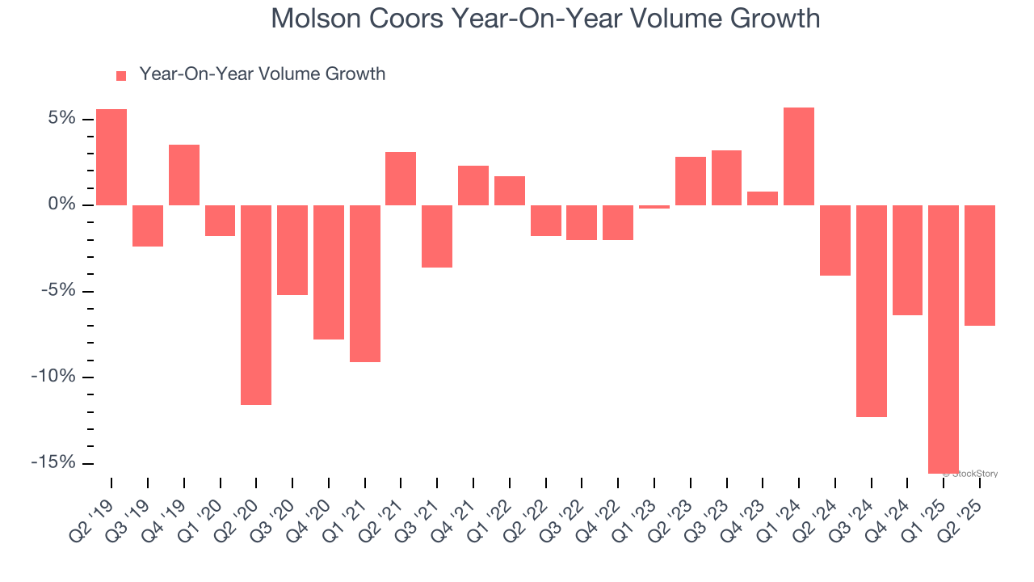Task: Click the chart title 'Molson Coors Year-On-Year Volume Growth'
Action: (x=545, y=18)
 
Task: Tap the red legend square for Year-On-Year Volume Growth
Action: (x=121, y=75)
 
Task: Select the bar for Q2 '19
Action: (x=111, y=157)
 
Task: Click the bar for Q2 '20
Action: (x=256, y=304)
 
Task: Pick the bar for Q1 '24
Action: (x=799, y=156)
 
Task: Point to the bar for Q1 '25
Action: (x=944, y=339)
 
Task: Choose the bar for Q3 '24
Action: (x=872, y=310)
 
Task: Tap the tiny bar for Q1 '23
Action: (x=654, y=207)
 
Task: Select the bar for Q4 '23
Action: (x=763, y=198)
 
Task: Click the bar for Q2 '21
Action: (x=401, y=178)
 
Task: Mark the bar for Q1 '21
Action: (x=365, y=283)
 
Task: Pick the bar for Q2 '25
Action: (x=980, y=265)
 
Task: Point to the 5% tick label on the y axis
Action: (x=61, y=119)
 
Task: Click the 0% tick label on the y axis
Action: (x=61, y=205)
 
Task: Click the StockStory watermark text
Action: (x=975, y=474)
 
